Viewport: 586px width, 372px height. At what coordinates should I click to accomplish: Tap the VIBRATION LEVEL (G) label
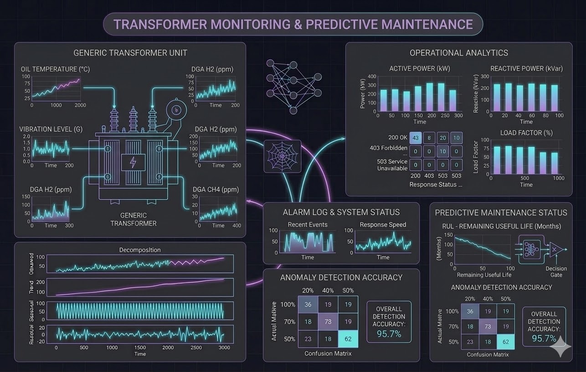51,129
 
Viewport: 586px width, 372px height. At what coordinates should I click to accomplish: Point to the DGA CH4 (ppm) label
216,189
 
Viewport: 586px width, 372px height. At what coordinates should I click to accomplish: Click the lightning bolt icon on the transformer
133,162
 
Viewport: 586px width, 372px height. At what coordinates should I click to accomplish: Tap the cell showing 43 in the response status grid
415,138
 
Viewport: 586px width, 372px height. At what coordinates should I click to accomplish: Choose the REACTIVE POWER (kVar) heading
526,68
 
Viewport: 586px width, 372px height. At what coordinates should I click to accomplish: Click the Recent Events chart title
308,224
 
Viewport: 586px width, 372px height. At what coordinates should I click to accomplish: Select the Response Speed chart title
383,224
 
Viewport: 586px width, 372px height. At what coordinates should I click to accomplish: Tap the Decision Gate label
556,272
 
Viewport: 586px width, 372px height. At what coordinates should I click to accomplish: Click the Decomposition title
140,250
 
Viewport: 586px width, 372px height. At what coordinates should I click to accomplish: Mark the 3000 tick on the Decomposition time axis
224,347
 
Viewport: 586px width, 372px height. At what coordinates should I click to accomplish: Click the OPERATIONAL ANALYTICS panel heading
458,52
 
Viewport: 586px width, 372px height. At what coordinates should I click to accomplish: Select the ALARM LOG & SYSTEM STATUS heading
341,212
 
